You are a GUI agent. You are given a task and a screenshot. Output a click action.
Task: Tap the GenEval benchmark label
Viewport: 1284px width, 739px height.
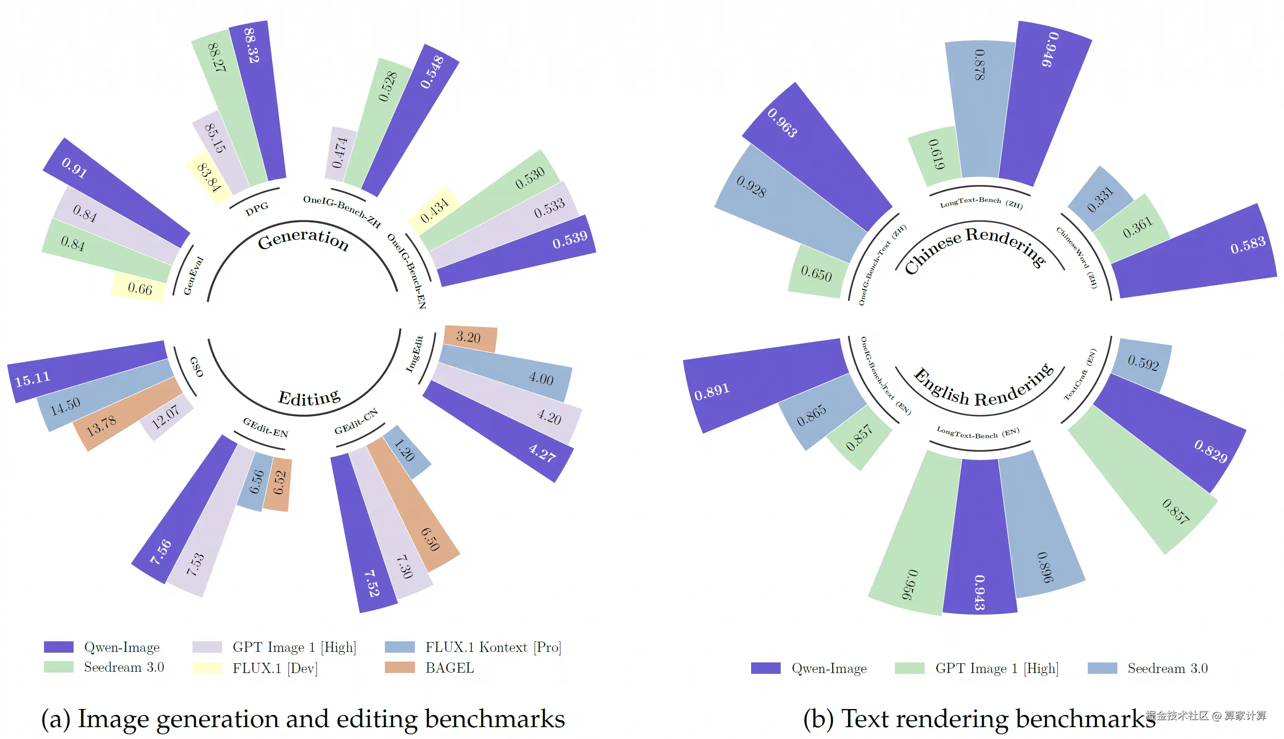coord(193,276)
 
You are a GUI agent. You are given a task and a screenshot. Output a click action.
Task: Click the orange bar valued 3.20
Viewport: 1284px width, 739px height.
coord(470,338)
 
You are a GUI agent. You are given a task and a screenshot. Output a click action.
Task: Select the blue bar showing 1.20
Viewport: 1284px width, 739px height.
coord(406,452)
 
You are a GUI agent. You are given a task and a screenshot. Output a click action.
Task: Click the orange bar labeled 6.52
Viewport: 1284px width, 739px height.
coord(279,484)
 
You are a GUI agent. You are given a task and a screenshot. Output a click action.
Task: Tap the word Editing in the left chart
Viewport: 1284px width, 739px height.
coord(309,397)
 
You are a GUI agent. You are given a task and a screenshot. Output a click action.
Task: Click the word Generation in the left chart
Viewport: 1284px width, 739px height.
coord(303,239)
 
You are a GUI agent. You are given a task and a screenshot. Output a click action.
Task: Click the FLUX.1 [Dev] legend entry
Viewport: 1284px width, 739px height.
coord(274,668)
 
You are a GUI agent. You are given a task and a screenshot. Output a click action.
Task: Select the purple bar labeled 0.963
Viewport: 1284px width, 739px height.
coord(817,157)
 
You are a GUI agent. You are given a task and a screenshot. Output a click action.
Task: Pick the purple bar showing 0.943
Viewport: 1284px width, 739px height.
coord(979,538)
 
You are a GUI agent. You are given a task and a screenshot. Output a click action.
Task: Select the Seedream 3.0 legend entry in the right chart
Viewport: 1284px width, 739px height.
coord(1167,668)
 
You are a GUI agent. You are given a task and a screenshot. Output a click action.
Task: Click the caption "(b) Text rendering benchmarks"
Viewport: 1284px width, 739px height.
coord(979,719)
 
